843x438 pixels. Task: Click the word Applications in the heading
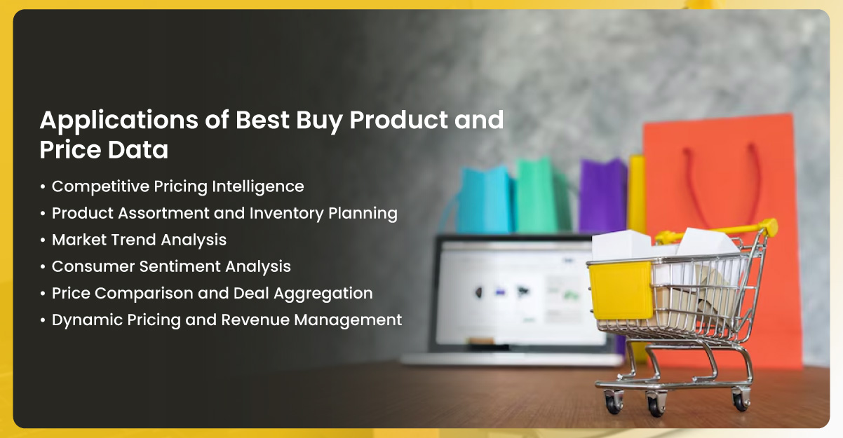pyautogui.click(x=119, y=121)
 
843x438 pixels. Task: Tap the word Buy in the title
pyautogui.click(x=320, y=121)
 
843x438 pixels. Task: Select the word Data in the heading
pyautogui.click(x=138, y=149)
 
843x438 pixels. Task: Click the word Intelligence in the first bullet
pyautogui.click(x=258, y=187)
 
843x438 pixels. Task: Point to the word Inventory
pyautogui.click(x=286, y=214)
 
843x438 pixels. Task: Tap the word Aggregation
pyautogui.click(x=323, y=294)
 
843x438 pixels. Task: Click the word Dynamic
pyautogui.click(x=87, y=320)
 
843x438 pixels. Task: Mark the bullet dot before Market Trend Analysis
pyautogui.click(x=43, y=240)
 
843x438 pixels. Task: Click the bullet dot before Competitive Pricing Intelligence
pyautogui.click(x=43, y=187)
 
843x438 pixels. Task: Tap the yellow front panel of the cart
pyautogui.click(x=621, y=290)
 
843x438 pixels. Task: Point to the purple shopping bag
pyautogui.click(x=602, y=196)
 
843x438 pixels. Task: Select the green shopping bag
pyautogui.click(x=537, y=196)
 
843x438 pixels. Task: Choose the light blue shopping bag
pyautogui.click(x=485, y=200)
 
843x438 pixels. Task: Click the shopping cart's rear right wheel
pyautogui.click(x=741, y=401)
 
